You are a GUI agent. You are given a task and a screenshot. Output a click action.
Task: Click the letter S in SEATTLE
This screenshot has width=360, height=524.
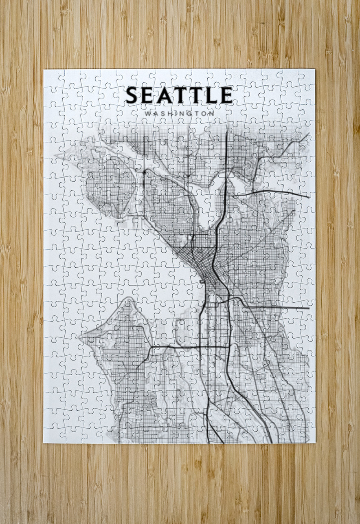tap(132, 95)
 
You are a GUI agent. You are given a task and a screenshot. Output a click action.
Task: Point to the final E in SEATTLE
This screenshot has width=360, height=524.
tap(226, 95)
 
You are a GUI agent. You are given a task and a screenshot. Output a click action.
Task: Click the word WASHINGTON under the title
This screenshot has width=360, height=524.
tap(179, 113)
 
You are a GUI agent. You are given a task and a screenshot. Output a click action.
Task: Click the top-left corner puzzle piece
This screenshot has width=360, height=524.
tap(52, 77)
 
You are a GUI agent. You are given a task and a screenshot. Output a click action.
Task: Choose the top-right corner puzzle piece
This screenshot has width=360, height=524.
tap(306, 77)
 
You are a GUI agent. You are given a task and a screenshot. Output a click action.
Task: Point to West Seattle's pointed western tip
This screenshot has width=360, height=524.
tap(81, 337)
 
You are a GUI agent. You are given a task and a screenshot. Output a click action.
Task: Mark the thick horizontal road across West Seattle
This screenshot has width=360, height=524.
tap(183, 347)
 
